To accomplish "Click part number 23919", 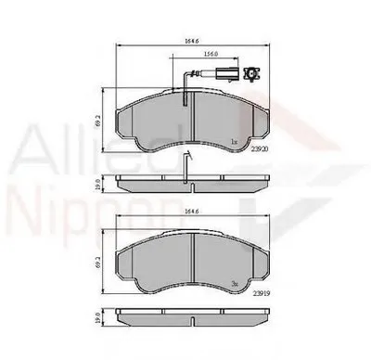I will point(266,294).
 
